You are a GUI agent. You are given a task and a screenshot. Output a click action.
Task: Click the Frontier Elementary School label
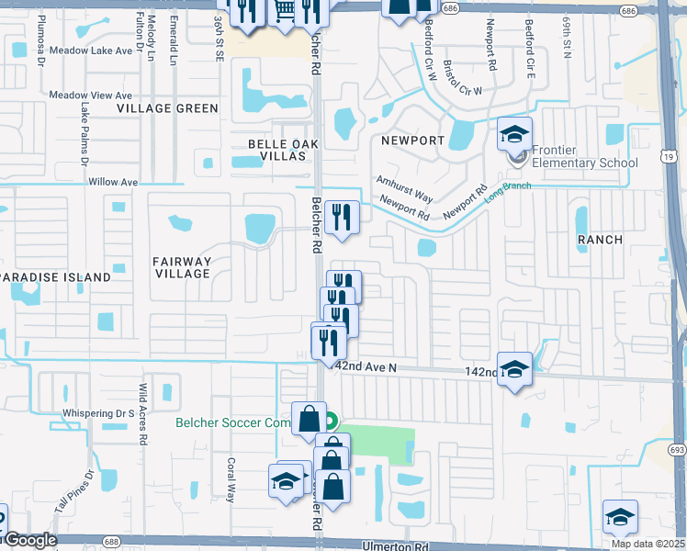click(586, 163)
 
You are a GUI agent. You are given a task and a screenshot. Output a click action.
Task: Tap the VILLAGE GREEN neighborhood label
click(167, 108)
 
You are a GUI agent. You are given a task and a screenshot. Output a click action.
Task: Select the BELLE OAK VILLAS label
click(276, 150)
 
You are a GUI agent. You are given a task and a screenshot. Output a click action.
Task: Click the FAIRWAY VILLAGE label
click(182, 267)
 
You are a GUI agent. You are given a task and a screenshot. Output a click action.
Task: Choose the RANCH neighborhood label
click(599, 240)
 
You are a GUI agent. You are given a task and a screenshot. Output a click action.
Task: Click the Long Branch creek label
click(508, 192)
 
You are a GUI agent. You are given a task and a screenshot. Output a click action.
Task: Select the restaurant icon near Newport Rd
click(342, 218)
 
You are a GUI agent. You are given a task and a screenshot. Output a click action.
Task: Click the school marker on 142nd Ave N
click(514, 369)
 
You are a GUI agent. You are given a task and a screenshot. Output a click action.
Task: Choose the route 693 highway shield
click(677, 450)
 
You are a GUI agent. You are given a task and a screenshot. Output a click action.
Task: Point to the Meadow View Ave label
click(91, 95)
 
